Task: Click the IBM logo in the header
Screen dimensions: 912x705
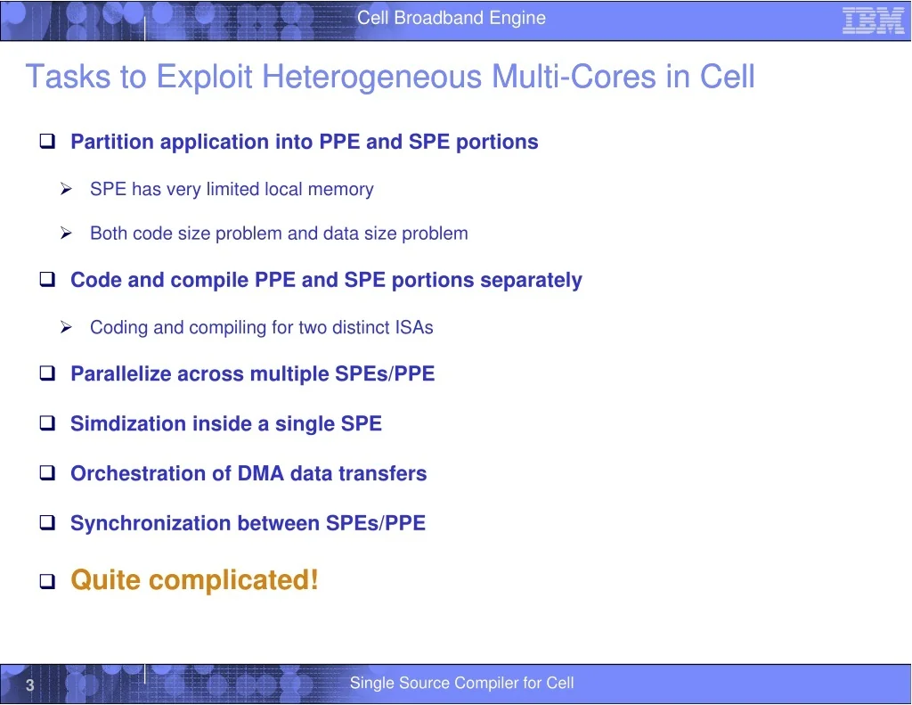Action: (x=873, y=20)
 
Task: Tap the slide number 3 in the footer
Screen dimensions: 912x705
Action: (x=29, y=685)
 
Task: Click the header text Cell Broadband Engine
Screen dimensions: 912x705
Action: (x=452, y=18)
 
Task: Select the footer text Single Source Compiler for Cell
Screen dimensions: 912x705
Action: (x=462, y=683)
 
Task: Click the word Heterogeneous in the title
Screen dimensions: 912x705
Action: (x=371, y=78)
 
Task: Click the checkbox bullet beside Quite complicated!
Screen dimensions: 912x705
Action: (x=48, y=581)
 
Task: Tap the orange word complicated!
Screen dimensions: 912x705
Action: (x=234, y=581)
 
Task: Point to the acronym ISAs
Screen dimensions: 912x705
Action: (x=413, y=327)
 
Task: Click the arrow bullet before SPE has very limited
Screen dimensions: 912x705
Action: (x=66, y=189)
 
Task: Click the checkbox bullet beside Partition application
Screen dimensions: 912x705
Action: (x=48, y=141)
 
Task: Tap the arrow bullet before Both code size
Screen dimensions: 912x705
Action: (x=66, y=233)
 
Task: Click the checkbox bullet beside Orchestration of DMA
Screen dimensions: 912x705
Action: (x=48, y=472)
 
